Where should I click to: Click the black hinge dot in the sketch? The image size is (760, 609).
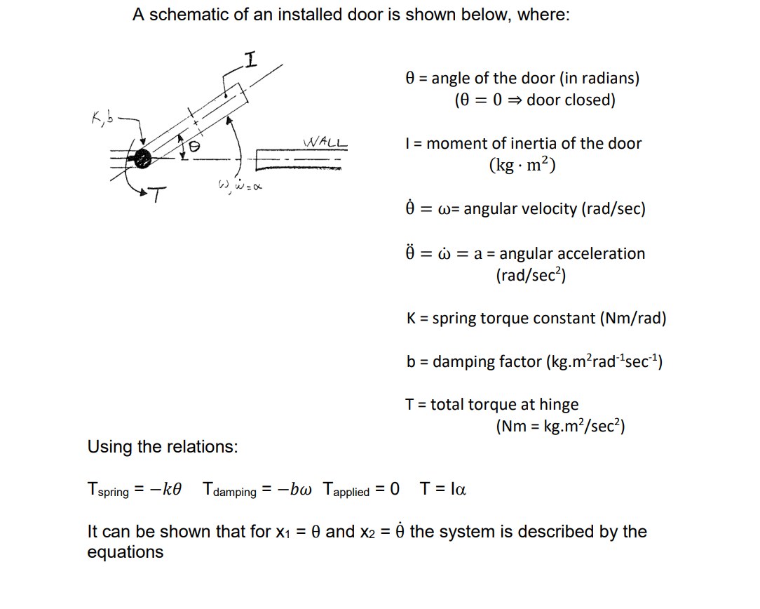coord(142,159)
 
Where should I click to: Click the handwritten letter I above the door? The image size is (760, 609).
coord(250,60)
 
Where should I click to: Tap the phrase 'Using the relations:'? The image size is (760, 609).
coord(162,446)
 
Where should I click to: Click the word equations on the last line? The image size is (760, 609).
coord(125,552)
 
